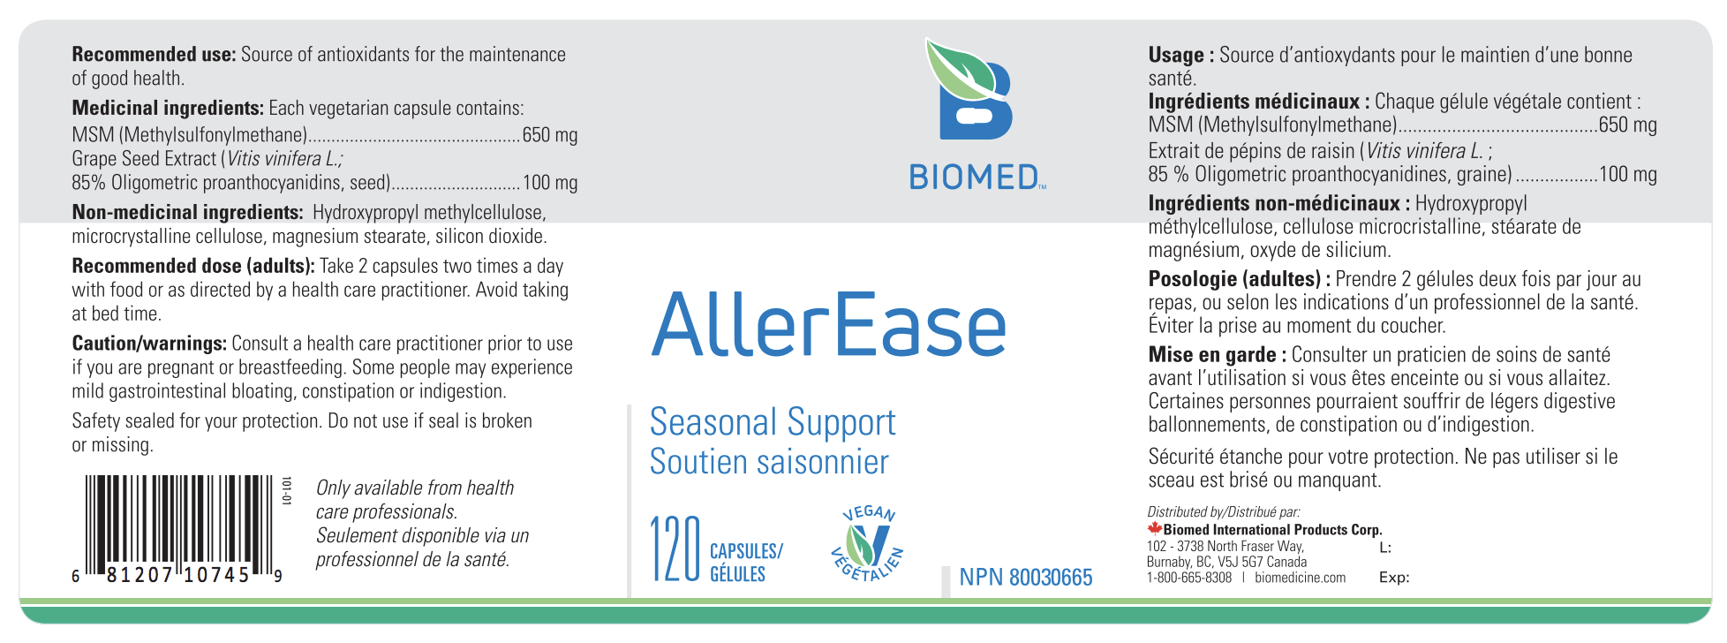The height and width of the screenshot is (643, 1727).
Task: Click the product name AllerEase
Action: (828, 325)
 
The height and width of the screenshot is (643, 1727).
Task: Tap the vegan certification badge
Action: (867, 543)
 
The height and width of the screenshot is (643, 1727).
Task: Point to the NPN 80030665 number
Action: (1026, 578)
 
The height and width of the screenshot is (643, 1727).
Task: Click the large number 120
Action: (675, 549)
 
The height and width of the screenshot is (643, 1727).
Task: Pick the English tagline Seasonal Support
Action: (773, 422)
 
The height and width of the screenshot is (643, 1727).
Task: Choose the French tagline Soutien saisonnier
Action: (769, 462)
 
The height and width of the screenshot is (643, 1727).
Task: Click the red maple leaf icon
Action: (1154, 529)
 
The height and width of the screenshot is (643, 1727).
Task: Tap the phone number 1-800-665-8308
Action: (1188, 578)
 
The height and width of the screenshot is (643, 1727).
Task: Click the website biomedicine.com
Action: (1300, 578)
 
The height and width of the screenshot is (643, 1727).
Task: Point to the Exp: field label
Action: (1393, 578)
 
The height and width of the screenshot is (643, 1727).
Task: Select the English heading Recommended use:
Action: (154, 55)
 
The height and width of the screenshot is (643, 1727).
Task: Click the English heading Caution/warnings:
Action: (149, 344)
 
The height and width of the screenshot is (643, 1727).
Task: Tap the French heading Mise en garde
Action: (1211, 355)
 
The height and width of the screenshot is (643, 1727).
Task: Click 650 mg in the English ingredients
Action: (550, 135)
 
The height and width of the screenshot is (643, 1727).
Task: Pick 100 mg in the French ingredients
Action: (1628, 175)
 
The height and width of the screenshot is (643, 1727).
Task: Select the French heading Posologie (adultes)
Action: (1234, 280)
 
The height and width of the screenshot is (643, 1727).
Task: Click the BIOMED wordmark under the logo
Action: (976, 177)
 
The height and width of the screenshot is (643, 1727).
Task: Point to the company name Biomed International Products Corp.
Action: (1272, 530)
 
